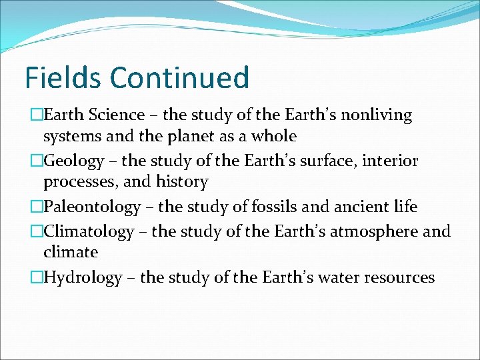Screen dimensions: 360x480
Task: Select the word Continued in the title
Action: click(x=179, y=77)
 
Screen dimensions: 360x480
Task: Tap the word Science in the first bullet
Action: click(x=117, y=115)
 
